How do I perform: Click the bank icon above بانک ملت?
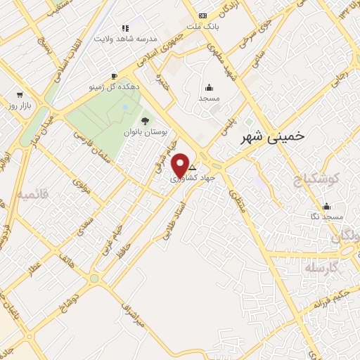[x=203, y=15]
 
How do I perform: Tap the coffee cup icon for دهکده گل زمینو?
[x=115, y=76]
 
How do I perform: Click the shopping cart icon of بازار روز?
[x=20, y=94]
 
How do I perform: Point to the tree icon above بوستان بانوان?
[x=146, y=121]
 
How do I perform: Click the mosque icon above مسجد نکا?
[x=326, y=207]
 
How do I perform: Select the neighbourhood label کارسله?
[x=323, y=268]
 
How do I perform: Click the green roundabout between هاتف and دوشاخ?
[x=94, y=278]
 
